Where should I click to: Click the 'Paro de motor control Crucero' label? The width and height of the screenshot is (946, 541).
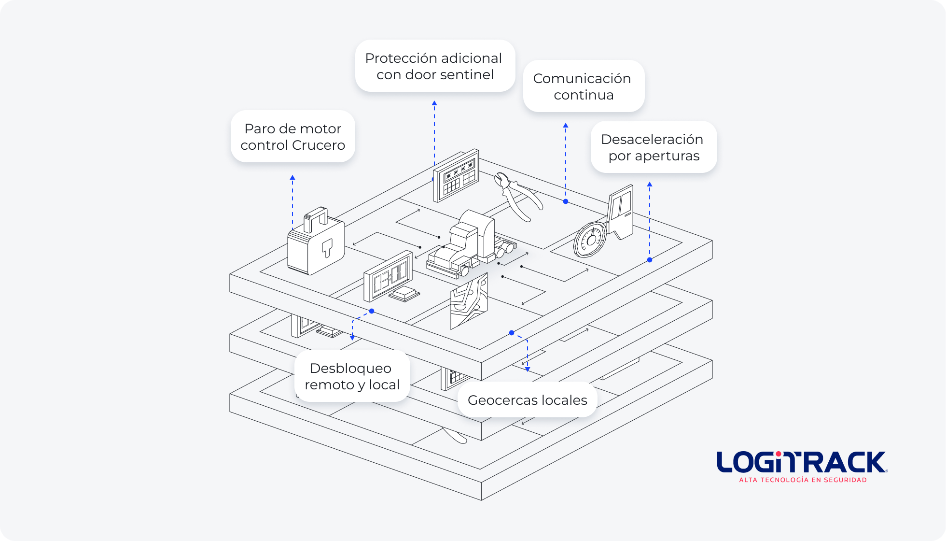pyautogui.click(x=292, y=137)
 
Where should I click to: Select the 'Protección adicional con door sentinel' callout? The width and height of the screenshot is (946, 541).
pyautogui.click(x=434, y=66)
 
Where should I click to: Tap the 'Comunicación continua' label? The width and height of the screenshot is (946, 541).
pyautogui.click(x=583, y=86)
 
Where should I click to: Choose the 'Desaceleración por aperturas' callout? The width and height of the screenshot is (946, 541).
pyautogui.click(x=653, y=147)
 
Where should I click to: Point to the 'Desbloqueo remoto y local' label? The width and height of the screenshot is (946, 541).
pyautogui.click(x=352, y=376)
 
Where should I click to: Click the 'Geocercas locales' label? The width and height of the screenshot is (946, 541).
pyautogui.click(x=527, y=400)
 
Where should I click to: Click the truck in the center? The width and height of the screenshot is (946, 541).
pyautogui.click(x=468, y=246)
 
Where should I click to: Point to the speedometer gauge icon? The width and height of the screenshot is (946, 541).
pyautogui.click(x=590, y=239)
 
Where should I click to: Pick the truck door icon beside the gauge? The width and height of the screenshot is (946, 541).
pyautogui.click(x=620, y=213)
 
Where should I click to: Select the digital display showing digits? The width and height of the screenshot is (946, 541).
pyautogui.click(x=388, y=277)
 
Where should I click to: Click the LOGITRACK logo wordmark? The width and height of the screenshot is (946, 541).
pyautogui.click(x=801, y=462)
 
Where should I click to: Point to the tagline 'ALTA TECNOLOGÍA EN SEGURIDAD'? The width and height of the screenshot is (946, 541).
pyautogui.click(x=803, y=480)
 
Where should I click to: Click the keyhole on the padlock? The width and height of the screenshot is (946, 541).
pyautogui.click(x=327, y=248)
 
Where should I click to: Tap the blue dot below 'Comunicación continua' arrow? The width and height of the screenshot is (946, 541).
pyautogui.click(x=566, y=201)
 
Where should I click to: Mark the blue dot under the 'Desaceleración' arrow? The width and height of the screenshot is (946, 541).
pyautogui.click(x=650, y=260)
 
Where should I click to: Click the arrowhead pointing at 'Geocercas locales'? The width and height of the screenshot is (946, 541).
pyautogui.click(x=528, y=369)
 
